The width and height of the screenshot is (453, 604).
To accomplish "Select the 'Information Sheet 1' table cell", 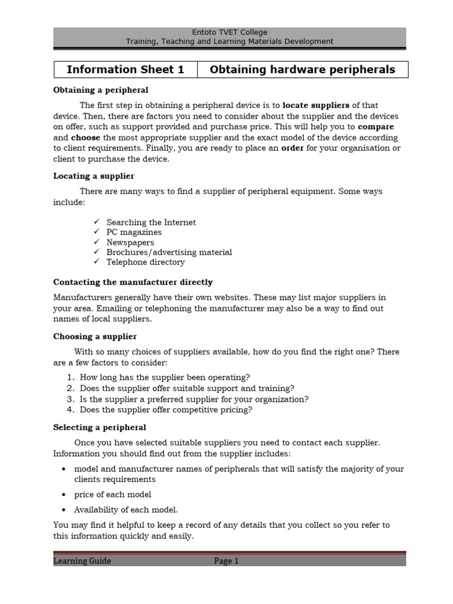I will (x=125, y=70).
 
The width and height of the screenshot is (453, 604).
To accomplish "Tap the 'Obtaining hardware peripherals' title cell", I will (x=302, y=70).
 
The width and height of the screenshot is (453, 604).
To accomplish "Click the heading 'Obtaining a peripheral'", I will (x=100, y=90).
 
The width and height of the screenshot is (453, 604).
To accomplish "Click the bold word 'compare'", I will (x=376, y=127).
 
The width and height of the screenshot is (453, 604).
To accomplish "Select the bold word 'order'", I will (x=293, y=148).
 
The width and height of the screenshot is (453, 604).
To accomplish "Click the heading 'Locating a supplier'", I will (x=93, y=176).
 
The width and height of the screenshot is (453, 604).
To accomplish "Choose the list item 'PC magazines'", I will (x=134, y=232).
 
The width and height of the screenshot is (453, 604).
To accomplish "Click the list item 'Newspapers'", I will (x=130, y=242).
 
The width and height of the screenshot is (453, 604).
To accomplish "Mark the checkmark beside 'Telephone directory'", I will (x=97, y=262).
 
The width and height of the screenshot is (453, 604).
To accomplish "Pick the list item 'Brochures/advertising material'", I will (x=169, y=252).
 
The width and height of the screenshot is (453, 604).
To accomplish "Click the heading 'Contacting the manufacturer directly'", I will (x=133, y=283).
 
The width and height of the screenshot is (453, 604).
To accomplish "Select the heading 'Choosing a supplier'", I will (x=94, y=336).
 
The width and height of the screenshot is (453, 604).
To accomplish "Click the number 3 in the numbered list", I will (x=70, y=399).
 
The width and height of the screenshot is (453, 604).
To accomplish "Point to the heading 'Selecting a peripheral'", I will (x=99, y=427).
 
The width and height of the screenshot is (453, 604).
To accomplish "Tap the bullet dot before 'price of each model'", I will (x=63, y=495).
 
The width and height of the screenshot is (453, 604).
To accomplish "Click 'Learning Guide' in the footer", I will (x=82, y=562).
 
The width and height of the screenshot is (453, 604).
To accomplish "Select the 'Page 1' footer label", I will (x=226, y=562).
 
